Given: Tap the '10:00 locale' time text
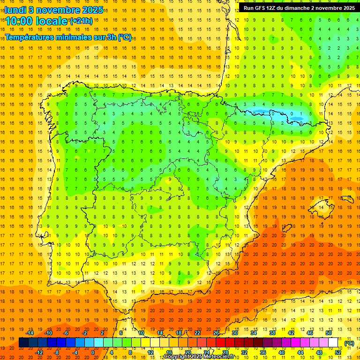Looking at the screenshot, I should (x=37, y=21).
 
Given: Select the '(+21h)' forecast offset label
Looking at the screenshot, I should (x=82, y=21).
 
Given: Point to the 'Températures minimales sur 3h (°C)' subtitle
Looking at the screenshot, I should (x=68, y=37).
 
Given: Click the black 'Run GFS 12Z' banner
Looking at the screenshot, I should (x=299, y=7).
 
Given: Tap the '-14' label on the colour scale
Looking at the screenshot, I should (x=30, y=333).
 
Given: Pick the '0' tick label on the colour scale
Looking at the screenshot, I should (x=93, y=352).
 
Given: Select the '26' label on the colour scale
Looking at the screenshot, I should (x=216, y=333).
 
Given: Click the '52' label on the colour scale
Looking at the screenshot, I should (x=338, y=352).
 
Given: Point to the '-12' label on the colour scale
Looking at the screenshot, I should (x=39, y=352).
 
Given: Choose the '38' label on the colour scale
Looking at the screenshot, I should (x=272, y=333).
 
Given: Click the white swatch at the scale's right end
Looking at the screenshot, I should (x=333, y=343).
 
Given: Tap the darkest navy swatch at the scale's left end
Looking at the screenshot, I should (x=23, y=343).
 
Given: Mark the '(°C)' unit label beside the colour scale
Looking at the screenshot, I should (x=349, y=343).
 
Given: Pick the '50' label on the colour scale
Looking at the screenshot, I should (x=329, y=333).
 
